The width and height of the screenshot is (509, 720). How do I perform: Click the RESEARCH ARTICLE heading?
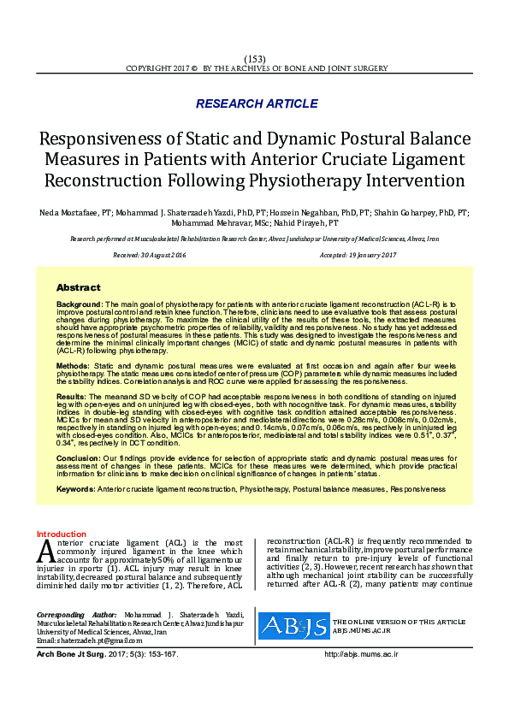257,103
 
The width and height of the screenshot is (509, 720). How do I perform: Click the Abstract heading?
78,287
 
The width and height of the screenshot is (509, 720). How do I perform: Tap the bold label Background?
80,304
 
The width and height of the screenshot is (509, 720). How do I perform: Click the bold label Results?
72,397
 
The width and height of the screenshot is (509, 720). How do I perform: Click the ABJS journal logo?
293,626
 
